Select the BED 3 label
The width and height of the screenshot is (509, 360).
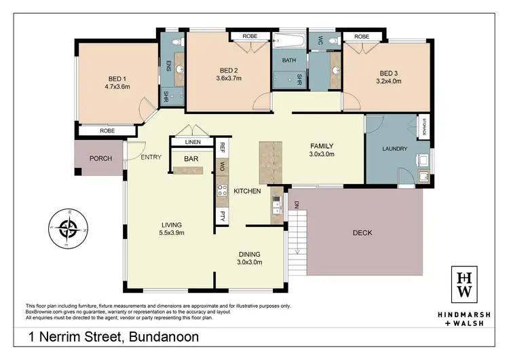click(389, 73)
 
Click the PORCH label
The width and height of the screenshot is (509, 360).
click(100, 159)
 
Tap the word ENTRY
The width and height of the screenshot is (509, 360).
click(151, 158)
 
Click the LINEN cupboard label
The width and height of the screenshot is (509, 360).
click(193, 142)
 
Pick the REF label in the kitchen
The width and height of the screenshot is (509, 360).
click(222, 146)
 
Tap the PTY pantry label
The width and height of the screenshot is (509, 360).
click(222, 217)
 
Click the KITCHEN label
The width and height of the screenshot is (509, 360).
click(247, 192)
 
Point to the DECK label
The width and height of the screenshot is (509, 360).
click(362, 233)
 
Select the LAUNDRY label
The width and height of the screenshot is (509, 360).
click(394, 149)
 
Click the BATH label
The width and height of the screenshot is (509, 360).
click(289, 60)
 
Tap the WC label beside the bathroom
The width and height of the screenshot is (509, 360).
click(316, 40)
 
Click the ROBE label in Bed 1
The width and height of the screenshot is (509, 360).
click(107, 130)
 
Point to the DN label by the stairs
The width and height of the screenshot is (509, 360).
click(296, 204)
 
